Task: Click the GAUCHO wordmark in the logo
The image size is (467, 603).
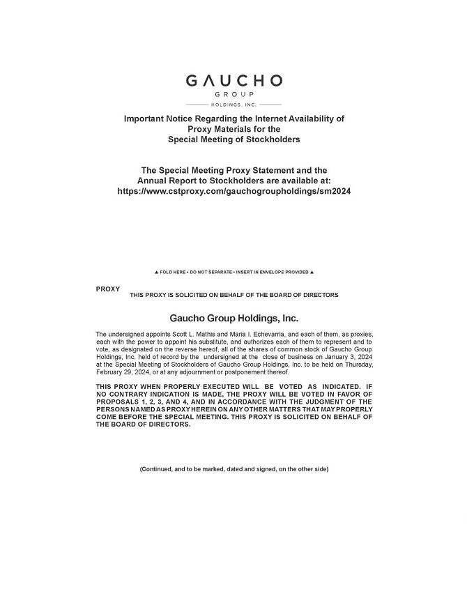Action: click(x=233, y=81)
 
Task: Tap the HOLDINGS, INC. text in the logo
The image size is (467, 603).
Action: click(x=233, y=104)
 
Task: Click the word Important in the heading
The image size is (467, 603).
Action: click(x=146, y=119)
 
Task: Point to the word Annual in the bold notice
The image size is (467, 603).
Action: click(x=157, y=181)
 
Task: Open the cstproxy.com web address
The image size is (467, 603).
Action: click(x=233, y=191)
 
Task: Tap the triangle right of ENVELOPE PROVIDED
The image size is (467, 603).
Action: click(x=312, y=272)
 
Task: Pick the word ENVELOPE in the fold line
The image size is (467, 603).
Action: click(x=273, y=272)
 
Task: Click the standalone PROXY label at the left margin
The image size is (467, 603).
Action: click(x=108, y=289)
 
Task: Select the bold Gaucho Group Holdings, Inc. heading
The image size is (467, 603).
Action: click(x=233, y=319)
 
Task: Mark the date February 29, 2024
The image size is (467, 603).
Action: click(x=121, y=372)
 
